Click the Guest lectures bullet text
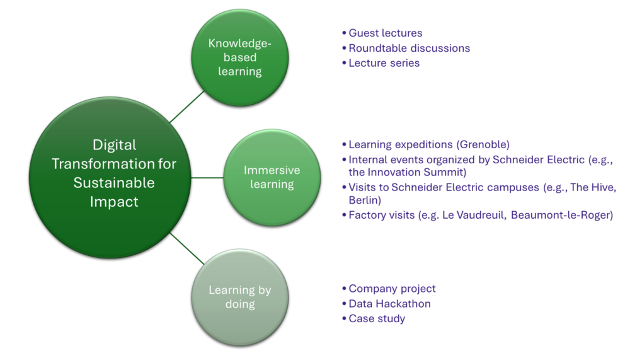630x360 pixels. [x=385, y=33]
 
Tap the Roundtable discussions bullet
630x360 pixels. [x=409, y=48]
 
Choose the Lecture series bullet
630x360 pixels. [x=384, y=63]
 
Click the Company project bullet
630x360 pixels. [x=391, y=289]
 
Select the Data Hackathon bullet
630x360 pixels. [x=389, y=304]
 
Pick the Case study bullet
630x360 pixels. [x=377, y=319]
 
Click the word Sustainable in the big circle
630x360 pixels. [x=113, y=183]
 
